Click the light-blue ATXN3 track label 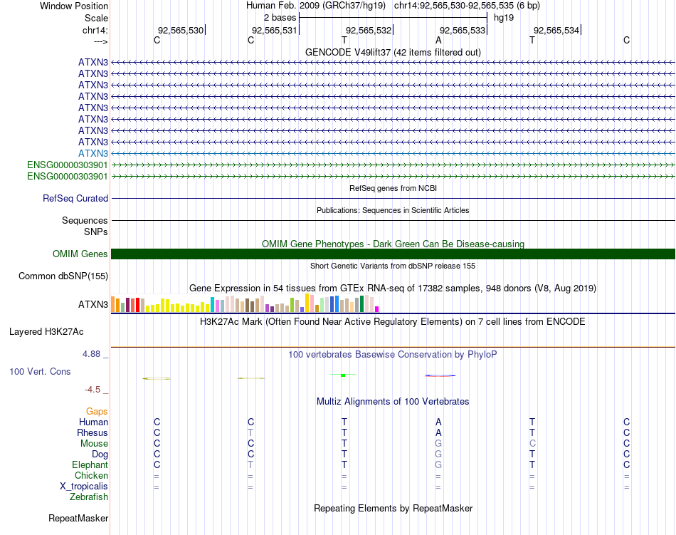tap(93, 153)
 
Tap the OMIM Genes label tap(80, 254)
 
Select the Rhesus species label tap(93, 433)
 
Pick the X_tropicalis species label tap(84, 487)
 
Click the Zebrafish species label tap(89, 497)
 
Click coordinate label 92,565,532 tap(369, 30)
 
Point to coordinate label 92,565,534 tap(556, 30)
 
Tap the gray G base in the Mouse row tap(438, 444)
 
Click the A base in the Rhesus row tap(438, 433)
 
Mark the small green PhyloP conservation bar tap(343, 375)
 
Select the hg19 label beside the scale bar tap(504, 17)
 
